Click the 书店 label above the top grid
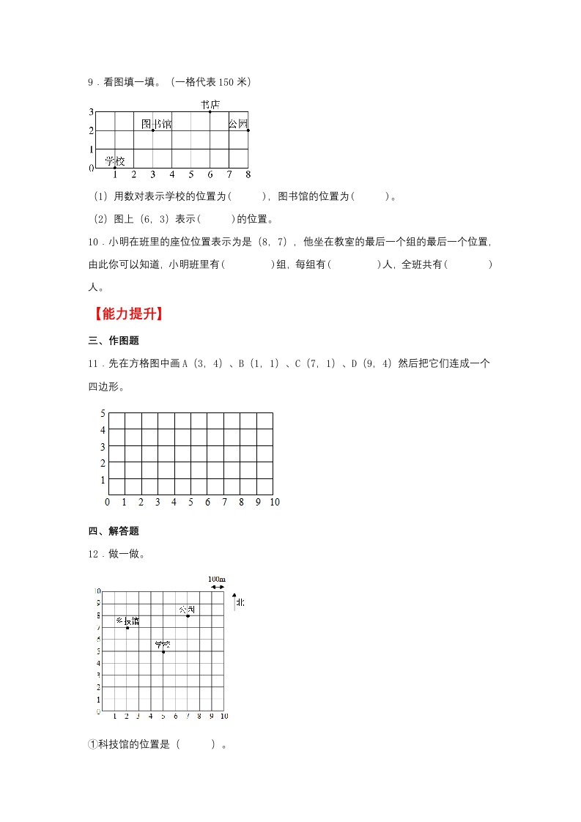(x=210, y=105)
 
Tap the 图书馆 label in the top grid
(x=156, y=124)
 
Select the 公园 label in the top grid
(x=238, y=124)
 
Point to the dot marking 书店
(x=210, y=112)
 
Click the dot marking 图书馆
(x=153, y=130)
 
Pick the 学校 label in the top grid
(x=114, y=161)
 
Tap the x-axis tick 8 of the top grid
(x=248, y=174)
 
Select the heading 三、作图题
(x=114, y=340)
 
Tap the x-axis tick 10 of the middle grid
(x=275, y=502)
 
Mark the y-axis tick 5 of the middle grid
(x=103, y=413)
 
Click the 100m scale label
(x=217, y=580)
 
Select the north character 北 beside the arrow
(x=240, y=602)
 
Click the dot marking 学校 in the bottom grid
(x=163, y=651)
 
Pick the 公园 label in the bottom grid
(x=187, y=610)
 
